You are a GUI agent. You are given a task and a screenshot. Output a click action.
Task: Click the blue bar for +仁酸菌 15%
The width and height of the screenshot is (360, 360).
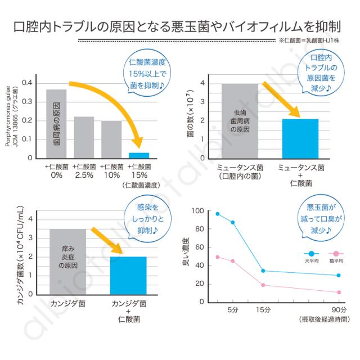point(139,155)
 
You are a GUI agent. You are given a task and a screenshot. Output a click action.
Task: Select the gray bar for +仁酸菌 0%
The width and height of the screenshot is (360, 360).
point(56,124)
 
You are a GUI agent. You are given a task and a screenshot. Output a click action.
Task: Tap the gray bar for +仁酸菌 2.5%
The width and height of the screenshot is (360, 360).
point(84,137)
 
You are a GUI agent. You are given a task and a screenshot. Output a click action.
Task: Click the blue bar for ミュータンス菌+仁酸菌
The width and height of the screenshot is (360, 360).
point(300,138)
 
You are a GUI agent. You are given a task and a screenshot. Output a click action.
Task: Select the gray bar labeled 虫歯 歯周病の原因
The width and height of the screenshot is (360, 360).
point(240,121)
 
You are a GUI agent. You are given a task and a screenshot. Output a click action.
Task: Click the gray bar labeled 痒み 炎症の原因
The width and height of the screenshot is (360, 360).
point(67,262)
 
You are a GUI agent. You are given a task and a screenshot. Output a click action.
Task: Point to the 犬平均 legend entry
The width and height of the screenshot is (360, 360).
point(312,256)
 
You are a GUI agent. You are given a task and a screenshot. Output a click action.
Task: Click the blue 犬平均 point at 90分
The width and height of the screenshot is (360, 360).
point(338,276)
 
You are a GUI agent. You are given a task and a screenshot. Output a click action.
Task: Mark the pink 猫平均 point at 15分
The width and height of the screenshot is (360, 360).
point(263,285)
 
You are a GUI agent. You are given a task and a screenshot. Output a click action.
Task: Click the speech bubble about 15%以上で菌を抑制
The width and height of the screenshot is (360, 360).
point(145,73)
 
